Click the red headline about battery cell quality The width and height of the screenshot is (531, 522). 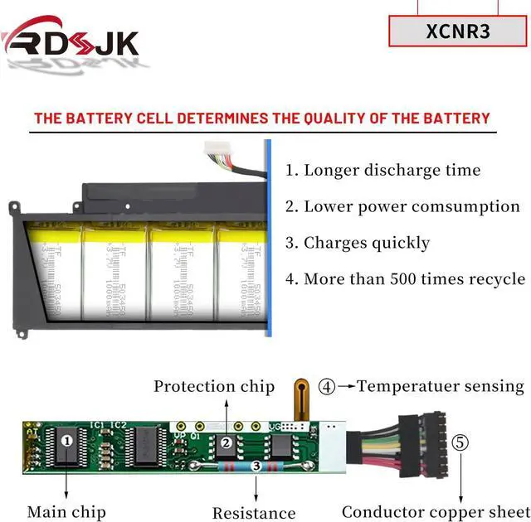[x=262, y=118]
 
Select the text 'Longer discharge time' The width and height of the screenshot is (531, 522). [x=392, y=171]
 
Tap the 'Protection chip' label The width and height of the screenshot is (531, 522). [x=214, y=386]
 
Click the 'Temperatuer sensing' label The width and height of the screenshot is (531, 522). [x=441, y=386]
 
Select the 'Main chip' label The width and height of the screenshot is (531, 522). [x=66, y=511]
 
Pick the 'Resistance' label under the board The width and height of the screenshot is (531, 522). [x=254, y=513]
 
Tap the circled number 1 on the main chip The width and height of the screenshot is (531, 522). [x=67, y=442]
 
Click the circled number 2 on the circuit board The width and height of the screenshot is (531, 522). [x=226, y=443]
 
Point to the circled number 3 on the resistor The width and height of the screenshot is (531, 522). [x=256, y=467]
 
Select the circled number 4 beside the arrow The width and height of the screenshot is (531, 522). [x=329, y=386]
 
